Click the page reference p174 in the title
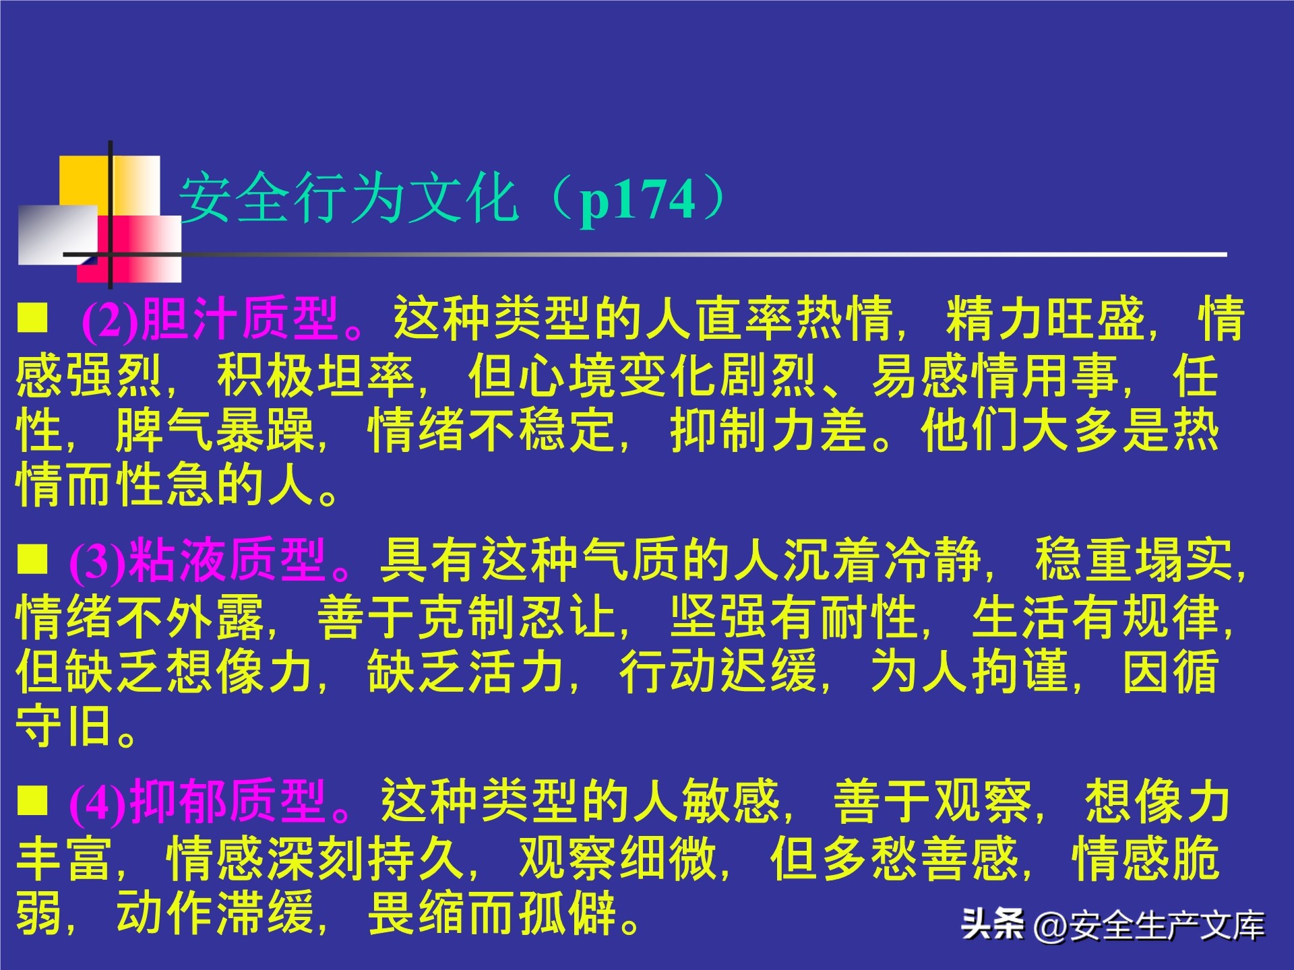[x=637, y=200]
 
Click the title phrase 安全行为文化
[x=348, y=199]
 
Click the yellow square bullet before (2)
[x=32, y=317]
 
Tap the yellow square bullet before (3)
[x=32, y=559]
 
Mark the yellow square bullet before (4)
[x=32, y=800]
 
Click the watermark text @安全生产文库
[x=1149, y=925]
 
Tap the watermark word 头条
[x=992, y=924]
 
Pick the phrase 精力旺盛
[x=1045, y=319]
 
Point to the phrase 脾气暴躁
[x=215, y=430]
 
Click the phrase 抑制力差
[x=769, y=430]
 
